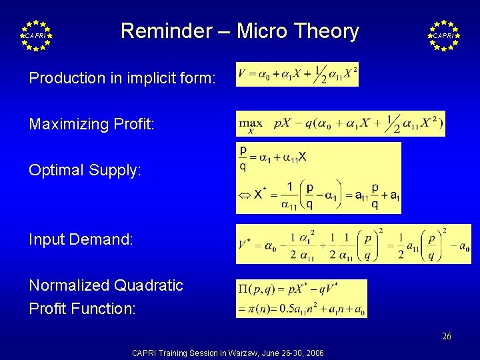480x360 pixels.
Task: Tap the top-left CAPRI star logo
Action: [x=37, y=35]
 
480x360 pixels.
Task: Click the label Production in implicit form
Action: [x=122, y=78]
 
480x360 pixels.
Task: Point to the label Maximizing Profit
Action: [x=91, y=124]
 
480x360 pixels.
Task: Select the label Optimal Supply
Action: [x=85, y=170]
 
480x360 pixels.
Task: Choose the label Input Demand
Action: [x=81, y=239]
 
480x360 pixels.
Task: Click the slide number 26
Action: [x=446, y=336]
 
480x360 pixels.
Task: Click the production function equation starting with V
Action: [x=297, y=75]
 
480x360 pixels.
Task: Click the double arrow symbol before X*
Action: [x=245, y=195]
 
